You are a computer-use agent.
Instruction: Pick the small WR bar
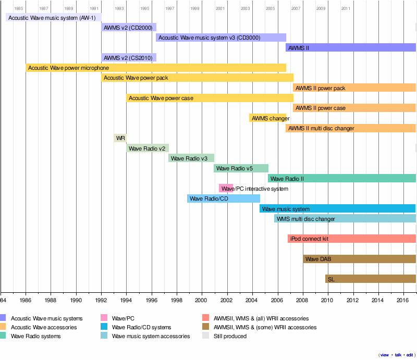click(x=120, y=138)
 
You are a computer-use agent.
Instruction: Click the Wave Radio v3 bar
click(x=191, y=158)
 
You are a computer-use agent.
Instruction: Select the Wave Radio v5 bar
click(x=241, y=168)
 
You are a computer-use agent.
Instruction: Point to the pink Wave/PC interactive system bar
click(x=226, y=188)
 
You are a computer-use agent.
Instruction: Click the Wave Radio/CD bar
click(x=223, y=198)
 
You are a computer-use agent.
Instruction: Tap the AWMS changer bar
click(x=267, y=118)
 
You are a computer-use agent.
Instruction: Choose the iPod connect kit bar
click(x=351, y=239)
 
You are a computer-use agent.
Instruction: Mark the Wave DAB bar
click(x=359, y=259)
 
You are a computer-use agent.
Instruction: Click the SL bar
click(x=370, y=279)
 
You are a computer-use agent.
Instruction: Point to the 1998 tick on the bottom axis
click(x=176, y=292)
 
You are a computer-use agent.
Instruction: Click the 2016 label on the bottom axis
click(x=402, y=300)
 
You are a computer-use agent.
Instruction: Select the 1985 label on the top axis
click(x=19, y=8)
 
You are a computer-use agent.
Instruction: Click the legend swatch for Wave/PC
click(x=104, y=318)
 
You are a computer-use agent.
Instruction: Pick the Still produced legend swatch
click(x=206, y=336)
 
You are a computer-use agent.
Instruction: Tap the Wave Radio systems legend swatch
click(x=3, y=336)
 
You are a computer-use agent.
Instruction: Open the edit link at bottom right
click(x=410, y=355)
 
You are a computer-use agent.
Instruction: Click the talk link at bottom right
click(x=398, y=355)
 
